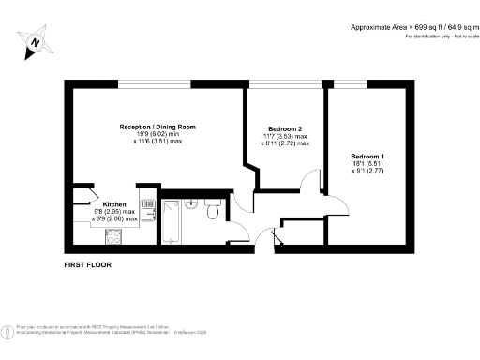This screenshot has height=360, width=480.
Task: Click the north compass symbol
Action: [35, 42]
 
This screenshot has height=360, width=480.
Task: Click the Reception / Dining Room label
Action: [157, 127]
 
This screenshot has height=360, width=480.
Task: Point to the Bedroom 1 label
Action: [367, 156]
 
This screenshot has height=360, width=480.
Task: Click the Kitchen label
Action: [115, 203]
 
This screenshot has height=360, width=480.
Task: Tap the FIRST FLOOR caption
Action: [87, 266]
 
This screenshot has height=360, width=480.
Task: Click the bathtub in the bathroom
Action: [172, 221]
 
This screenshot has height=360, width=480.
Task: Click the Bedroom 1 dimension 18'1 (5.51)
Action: [367, 164]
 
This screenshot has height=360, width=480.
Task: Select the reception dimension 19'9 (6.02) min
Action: [157, 135]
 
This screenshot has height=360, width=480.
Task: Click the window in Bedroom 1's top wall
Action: [350, 85]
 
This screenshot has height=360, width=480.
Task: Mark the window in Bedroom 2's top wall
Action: [271, 85]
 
